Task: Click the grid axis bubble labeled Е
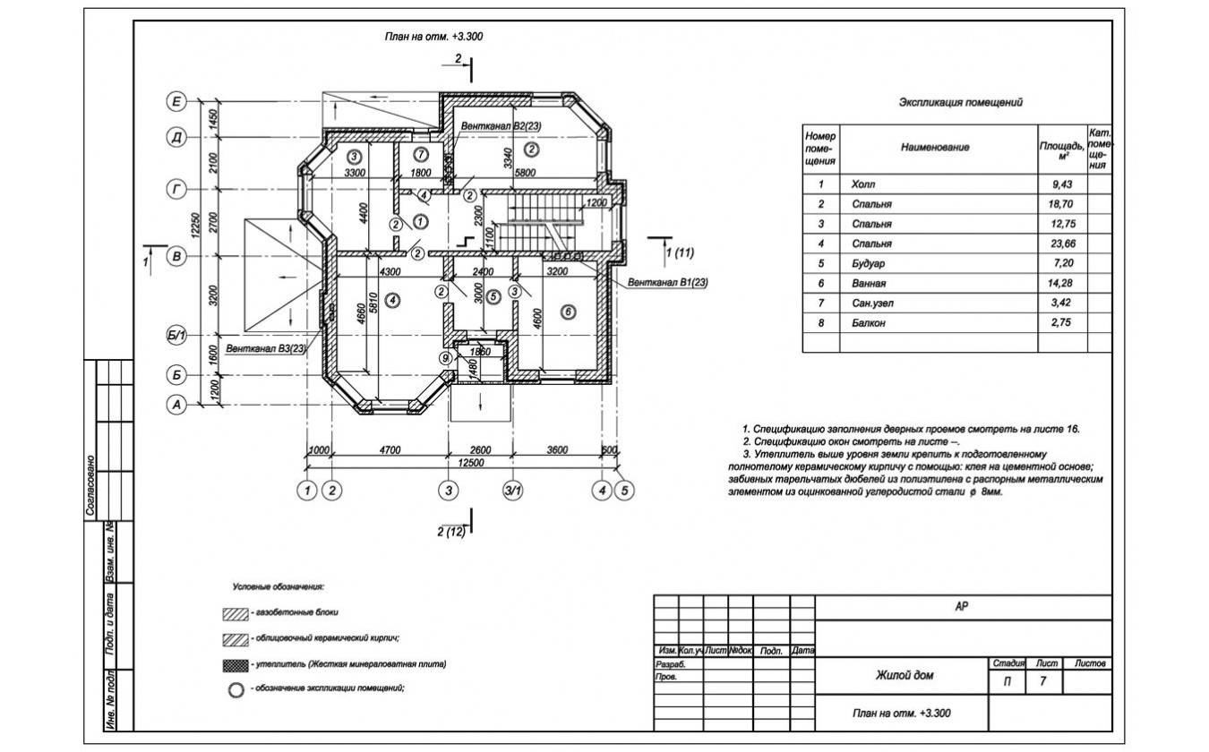[x=177, y=102]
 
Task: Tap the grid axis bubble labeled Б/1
[x=177, y=337]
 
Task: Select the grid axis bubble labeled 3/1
[x=513, y=490]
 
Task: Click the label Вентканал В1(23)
[x=667, y=283]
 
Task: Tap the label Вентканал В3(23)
[x=266, y=348]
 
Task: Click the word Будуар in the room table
[x=871, y=263]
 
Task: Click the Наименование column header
[x=935, y=147]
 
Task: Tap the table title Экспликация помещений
[x=960, y=103]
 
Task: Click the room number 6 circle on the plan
[x=567, y=311]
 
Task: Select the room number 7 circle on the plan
[x=421, y=154]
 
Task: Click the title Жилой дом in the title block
[x=904, y=675]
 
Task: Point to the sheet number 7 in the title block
[x=1042, y=682]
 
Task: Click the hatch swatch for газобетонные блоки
[x=235, y=616]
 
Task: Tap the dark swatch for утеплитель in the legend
[x=235, y=665]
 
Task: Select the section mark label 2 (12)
[x=451, y=533]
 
